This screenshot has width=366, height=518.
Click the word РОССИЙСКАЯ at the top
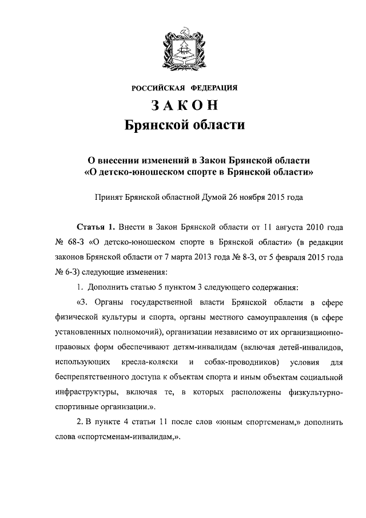click(157, 88)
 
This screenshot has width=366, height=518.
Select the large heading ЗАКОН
click(183, 106)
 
